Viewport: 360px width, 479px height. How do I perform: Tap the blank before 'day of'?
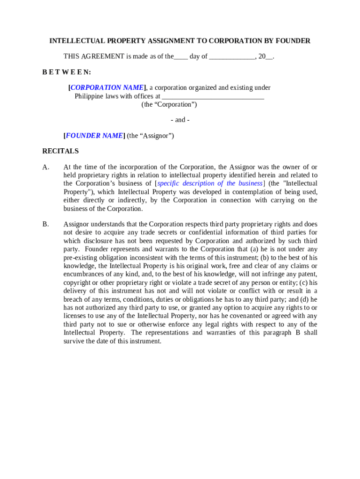(x=181, y=57)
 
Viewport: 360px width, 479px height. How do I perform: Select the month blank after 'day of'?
(x=232, y=57)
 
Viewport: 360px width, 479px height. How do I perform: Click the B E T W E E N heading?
(x=67, y=72)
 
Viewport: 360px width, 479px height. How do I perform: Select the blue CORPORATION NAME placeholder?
(x=107, y=87)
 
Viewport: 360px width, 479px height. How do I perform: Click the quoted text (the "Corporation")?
(x=169, y=105)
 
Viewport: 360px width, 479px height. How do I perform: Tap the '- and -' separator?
(x=180, y=120)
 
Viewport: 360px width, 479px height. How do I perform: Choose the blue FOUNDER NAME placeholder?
(x=94, y=136)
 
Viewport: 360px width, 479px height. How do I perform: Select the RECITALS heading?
(x=60, y=151)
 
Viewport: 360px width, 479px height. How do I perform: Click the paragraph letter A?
(x=45, y=167)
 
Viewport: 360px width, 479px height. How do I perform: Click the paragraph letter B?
(x=45, y=224)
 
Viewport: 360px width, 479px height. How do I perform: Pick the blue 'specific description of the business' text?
(x=210, y=183)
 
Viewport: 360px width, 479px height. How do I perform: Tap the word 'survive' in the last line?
(x=74, y=341)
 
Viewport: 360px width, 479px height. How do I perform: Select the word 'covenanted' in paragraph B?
(x=258, y=316)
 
